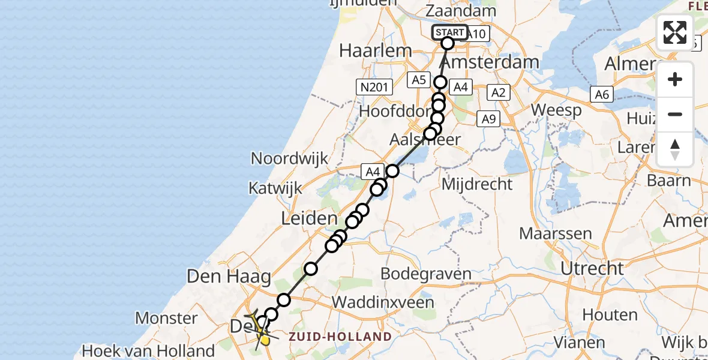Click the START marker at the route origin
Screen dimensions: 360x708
[449, 32]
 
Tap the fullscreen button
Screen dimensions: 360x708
[675, 32]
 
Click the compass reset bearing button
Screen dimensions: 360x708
[675, 149]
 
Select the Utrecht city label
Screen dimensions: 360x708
[592, 268]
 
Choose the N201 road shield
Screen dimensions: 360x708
[373, 88]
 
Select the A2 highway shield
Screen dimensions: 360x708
[499, 92]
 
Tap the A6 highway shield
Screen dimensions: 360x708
[602, 94]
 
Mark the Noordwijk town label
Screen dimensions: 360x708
[290, 158]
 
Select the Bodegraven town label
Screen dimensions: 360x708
[427, 274]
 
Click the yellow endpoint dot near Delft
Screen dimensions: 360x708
[265, 341]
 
